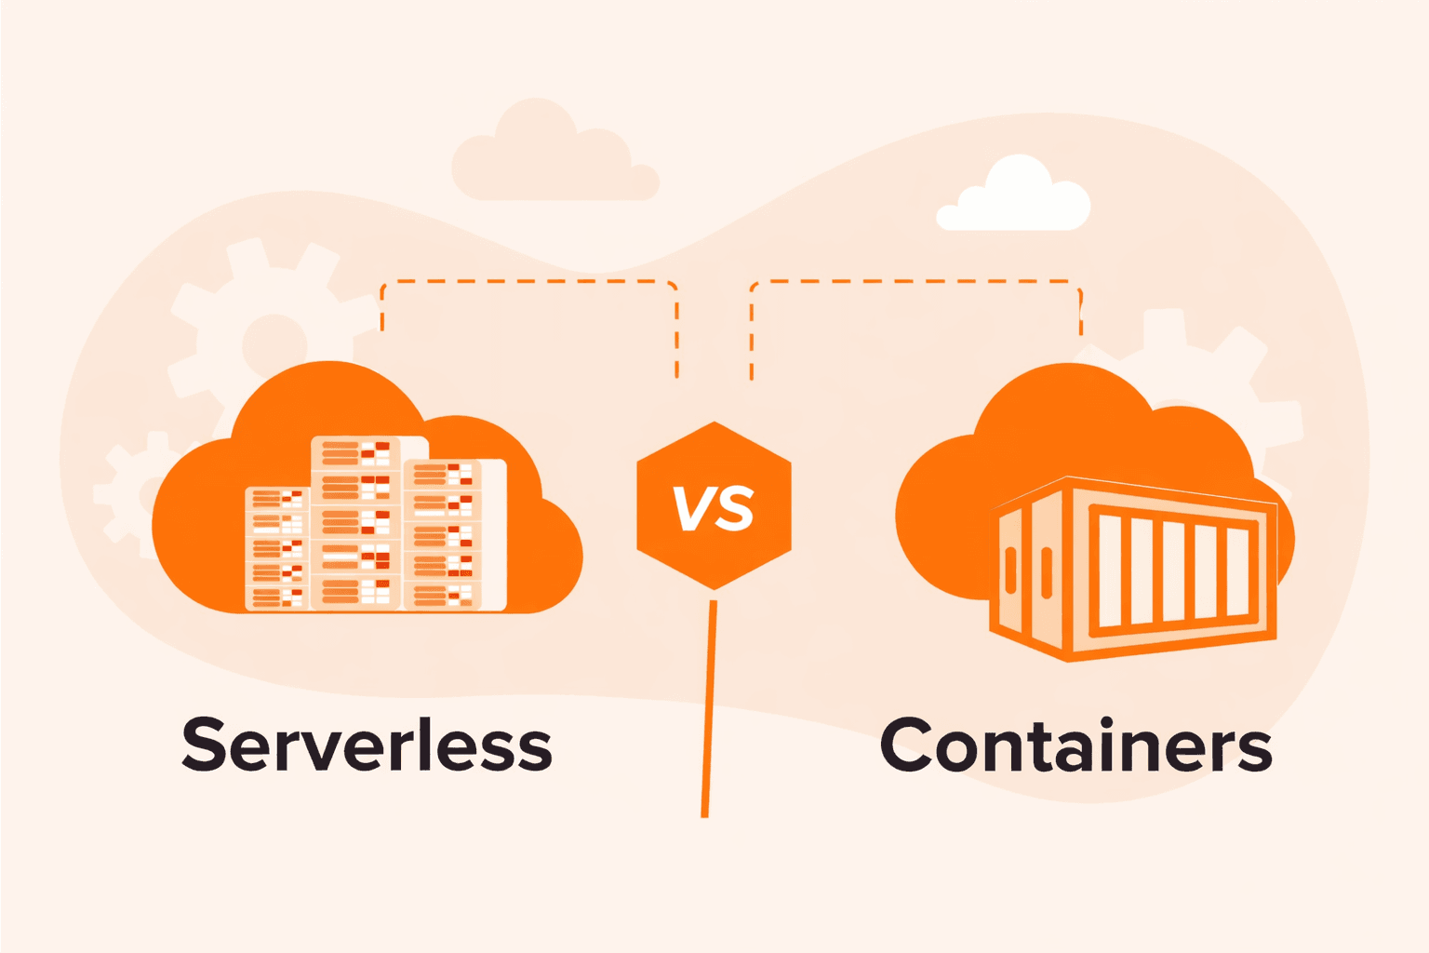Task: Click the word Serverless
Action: pos(367,745)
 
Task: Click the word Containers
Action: pos(1075,745)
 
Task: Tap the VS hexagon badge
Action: pos(714,505)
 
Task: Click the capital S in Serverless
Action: pos(205,745)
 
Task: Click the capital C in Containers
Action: pos(906,745)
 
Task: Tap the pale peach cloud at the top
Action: pos(553,156)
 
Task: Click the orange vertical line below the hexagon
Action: pos(709,707)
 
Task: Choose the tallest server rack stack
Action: pos(356,523)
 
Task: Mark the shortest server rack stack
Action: pos(276,549)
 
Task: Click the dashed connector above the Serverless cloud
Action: pos(528,281)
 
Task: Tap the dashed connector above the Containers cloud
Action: pos(916,281)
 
